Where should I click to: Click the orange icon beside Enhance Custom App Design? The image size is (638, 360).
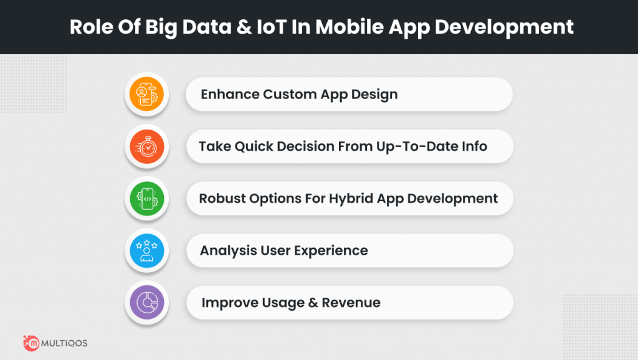(x=146, y=94)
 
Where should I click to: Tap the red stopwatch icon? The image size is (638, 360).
(x=147, y=146)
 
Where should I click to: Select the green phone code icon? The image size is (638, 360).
(x=147, y=199)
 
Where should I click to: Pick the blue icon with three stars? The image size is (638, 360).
(x=147, y=250)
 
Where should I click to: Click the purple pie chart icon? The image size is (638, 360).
(x=147, y=303)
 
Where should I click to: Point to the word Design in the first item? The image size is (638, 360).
(x=374, y=95)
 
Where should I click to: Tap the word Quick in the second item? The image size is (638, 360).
(x=254, y=146)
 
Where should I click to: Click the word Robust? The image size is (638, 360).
(x=222, y=199)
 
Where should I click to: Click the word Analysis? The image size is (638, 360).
(x=228, y=251)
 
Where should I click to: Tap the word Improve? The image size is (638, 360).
(x=230, y=303)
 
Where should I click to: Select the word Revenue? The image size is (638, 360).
(x=351, y=303)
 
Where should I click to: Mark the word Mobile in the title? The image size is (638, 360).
(x=350, y=27)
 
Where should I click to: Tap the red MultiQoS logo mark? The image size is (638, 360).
(x=31, y=343)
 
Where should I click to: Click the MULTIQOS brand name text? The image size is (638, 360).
(x=64, y=343)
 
